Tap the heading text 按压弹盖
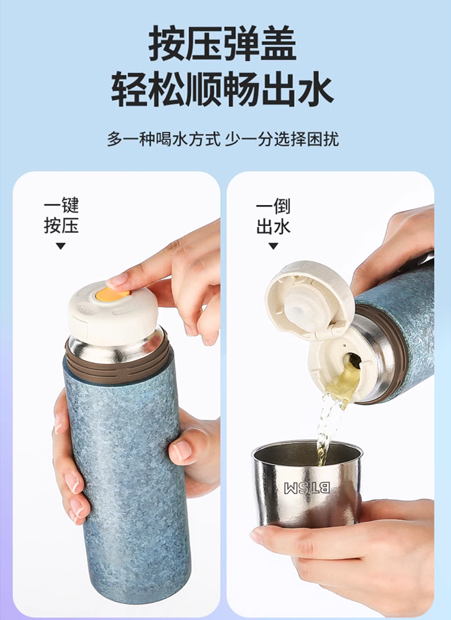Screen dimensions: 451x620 (x=223, y=43)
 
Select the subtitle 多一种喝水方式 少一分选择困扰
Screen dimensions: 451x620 (x=223, y=139)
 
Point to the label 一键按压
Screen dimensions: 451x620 (x=61, y=216)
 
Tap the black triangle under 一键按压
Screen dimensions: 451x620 (x=61, y=246)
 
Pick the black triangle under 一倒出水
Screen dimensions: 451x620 (x=273, y=246)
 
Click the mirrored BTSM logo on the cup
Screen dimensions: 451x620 (x=307, y=488)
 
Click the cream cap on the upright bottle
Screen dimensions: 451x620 (x=113, y=313)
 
